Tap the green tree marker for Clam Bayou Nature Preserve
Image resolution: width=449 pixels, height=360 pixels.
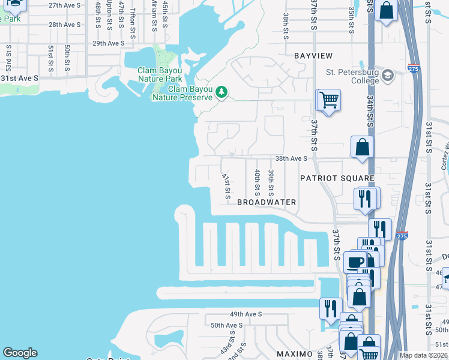point(222,92)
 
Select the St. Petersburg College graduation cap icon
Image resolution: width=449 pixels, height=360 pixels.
point(387,76)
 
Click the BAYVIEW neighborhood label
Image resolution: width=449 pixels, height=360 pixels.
point(313,56)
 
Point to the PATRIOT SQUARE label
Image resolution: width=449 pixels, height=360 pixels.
point(337,178)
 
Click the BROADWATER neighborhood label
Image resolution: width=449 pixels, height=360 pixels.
point(267,202)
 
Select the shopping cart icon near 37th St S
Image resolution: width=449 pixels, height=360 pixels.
point(329,100)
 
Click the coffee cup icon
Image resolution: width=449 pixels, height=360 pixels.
point(355,262)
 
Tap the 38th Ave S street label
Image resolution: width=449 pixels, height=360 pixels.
point(291,158)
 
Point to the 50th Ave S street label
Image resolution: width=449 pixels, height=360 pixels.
point(226,325)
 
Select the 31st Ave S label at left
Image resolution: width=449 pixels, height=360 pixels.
point(19,78)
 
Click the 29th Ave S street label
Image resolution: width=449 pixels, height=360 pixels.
point(108,43)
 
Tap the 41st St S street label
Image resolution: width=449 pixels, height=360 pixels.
point(226,187)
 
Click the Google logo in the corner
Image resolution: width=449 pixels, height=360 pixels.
point(20,353)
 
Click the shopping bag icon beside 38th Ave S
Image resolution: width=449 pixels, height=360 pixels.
point(363,147)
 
